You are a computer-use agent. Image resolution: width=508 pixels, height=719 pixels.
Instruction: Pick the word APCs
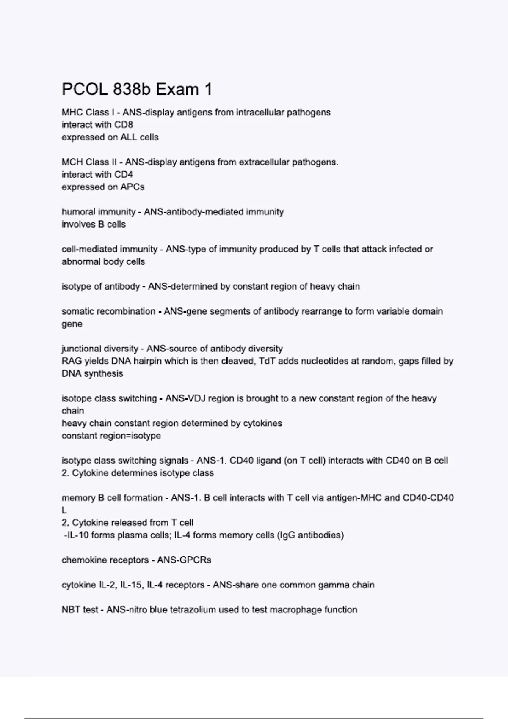point(132,187)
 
